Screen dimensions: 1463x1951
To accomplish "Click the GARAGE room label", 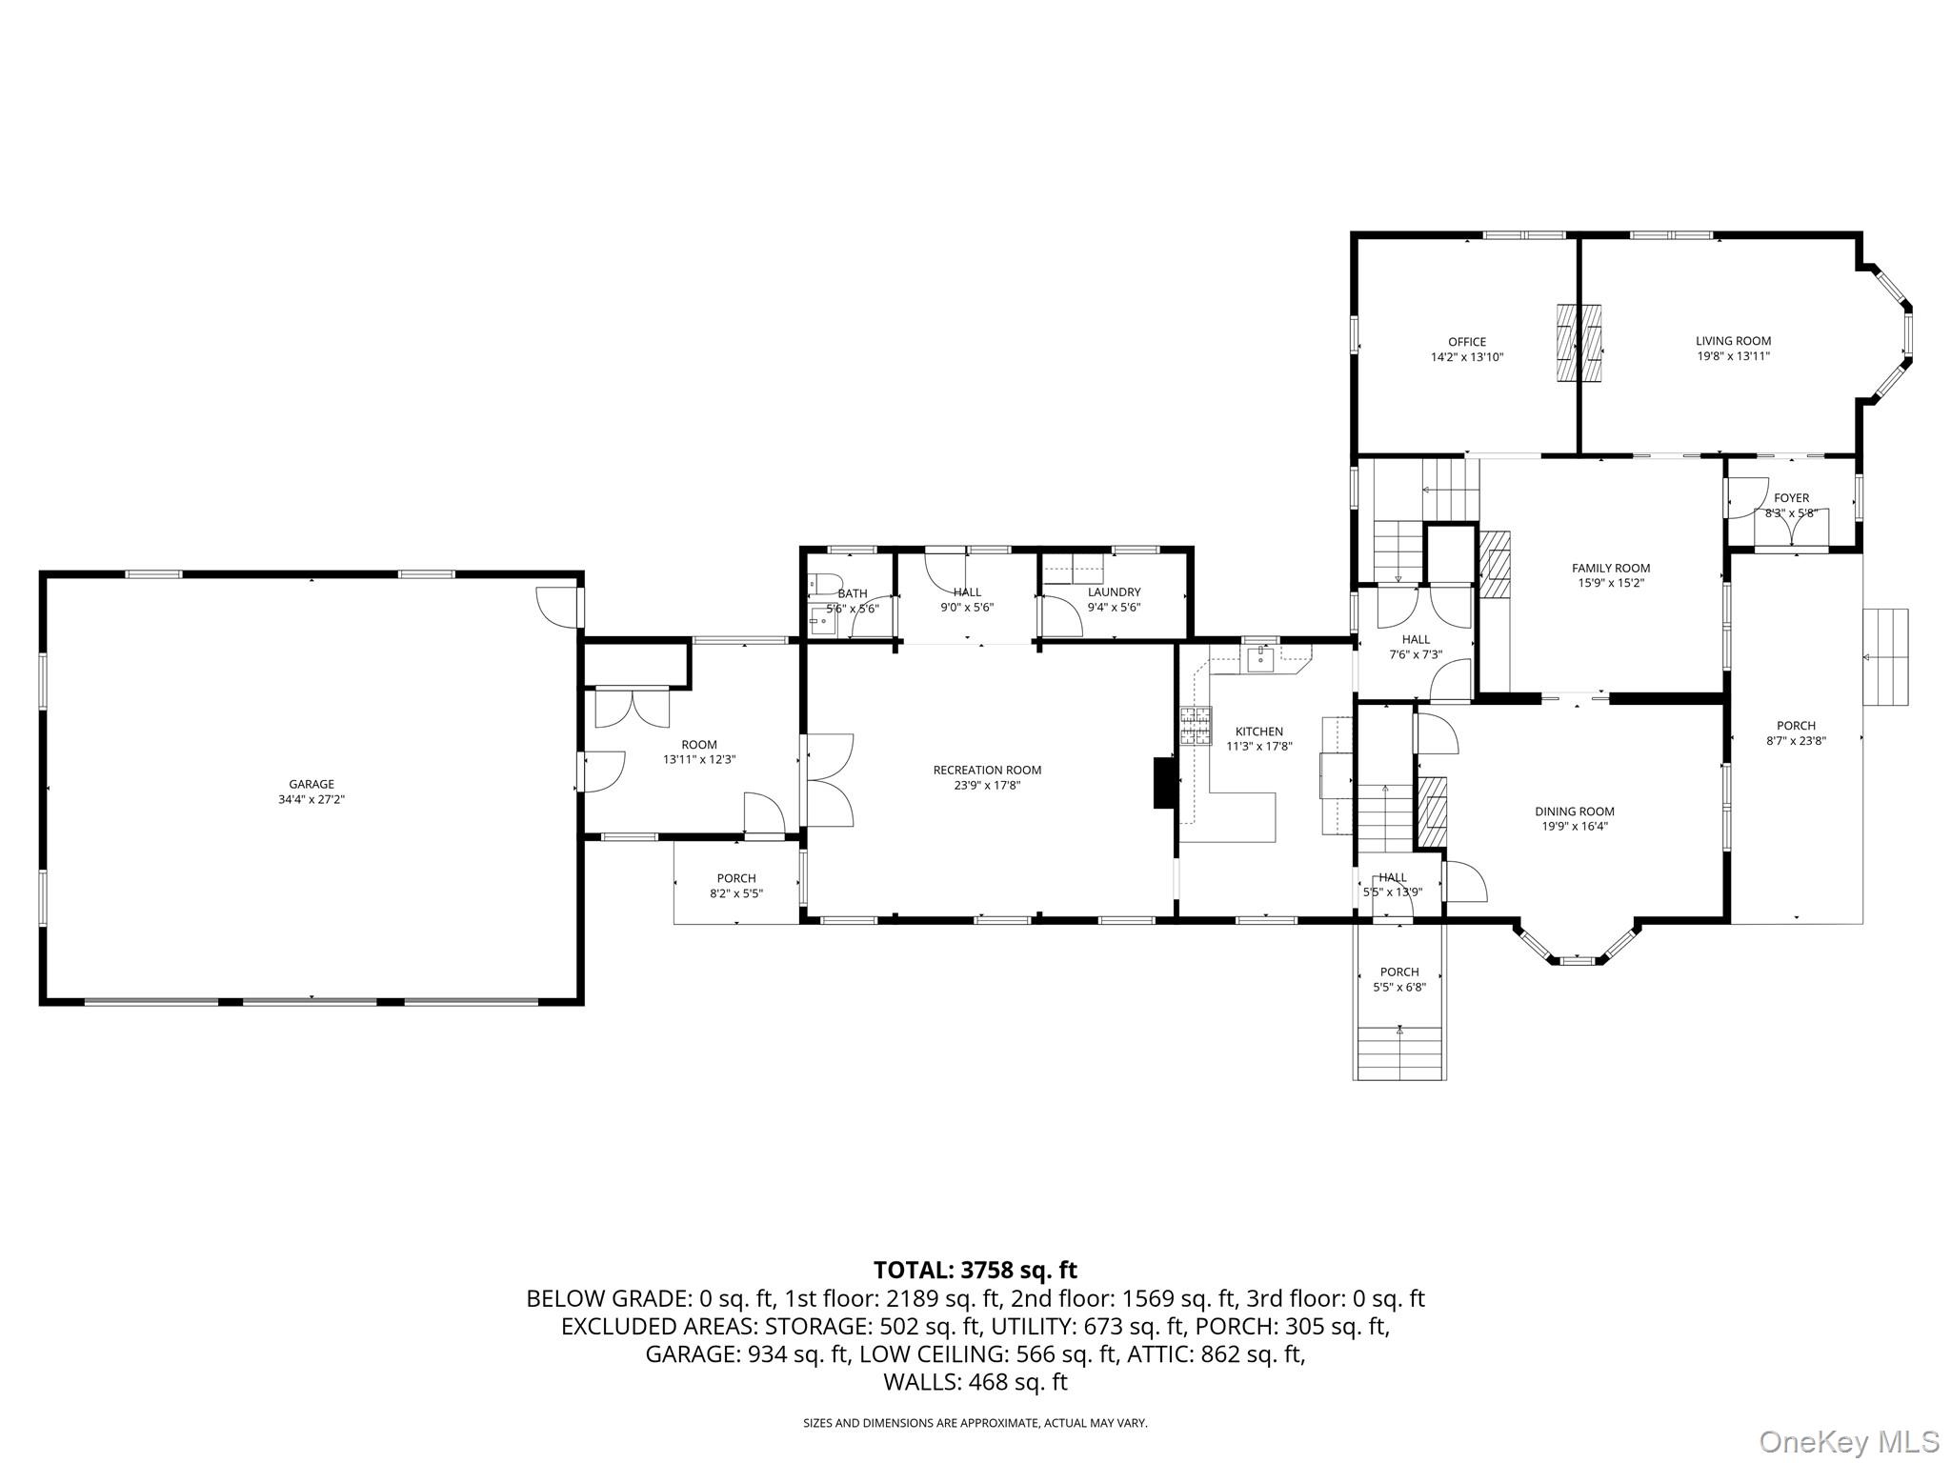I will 312,785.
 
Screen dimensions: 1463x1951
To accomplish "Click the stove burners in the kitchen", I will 1196,726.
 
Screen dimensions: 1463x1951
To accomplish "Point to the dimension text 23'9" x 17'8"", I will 987,785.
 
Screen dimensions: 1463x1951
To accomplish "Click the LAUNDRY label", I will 1114,592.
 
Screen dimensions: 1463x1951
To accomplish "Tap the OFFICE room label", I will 1466,342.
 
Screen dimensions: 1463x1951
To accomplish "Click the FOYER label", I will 1791,498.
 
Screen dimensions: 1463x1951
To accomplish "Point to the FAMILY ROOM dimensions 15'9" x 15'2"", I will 1611,583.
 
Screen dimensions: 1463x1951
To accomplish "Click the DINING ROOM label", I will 1574,812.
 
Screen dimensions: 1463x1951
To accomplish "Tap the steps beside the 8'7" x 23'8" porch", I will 1885,657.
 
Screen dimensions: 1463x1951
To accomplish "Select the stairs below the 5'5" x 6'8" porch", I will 1399,1052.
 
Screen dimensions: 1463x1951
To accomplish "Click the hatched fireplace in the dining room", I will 1431,812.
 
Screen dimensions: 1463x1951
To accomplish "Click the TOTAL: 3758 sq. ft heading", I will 975,1270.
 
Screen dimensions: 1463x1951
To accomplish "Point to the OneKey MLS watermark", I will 1848,1441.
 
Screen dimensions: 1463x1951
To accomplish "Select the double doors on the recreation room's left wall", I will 830,779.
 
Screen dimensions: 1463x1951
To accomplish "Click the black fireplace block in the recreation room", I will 1164,782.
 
